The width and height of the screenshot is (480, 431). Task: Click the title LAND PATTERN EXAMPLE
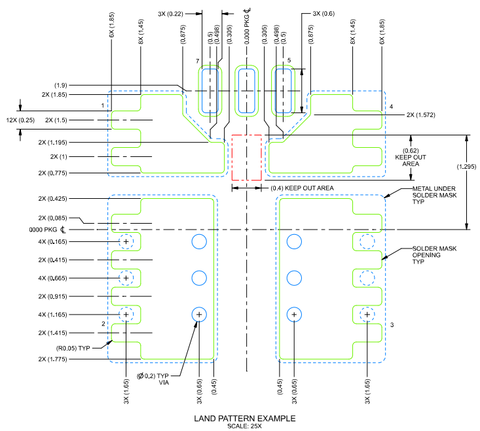(x=245, y=418)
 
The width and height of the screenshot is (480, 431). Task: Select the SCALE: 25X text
(x=245, y=426)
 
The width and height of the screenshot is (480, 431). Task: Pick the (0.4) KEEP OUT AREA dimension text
(x=303, y=188)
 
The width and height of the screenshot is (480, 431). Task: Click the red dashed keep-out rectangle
(x=247, y=158)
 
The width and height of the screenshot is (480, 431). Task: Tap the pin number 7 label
(x=197, y=61)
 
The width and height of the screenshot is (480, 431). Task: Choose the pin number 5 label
(x=289, y=60)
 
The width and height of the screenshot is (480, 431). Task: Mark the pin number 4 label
(x=391, y=106)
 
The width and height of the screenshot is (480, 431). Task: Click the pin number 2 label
(x=103, y=324)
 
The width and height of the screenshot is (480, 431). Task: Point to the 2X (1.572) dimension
(x=420, y=115)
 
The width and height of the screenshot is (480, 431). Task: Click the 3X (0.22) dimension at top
(x=170, y=13)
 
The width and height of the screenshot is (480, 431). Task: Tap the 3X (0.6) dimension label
(x=323, y=13)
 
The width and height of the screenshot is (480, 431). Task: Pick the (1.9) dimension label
(x=64, y=85)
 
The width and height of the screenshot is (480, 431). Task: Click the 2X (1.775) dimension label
(x=57, y=358)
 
